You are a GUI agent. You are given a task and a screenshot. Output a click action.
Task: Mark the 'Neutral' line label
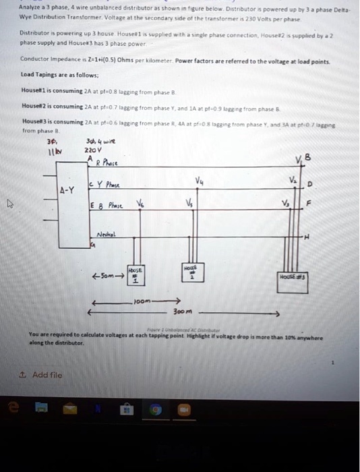(x=101, y=235)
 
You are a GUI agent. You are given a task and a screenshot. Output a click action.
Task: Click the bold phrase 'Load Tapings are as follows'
(x=59, y=76)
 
